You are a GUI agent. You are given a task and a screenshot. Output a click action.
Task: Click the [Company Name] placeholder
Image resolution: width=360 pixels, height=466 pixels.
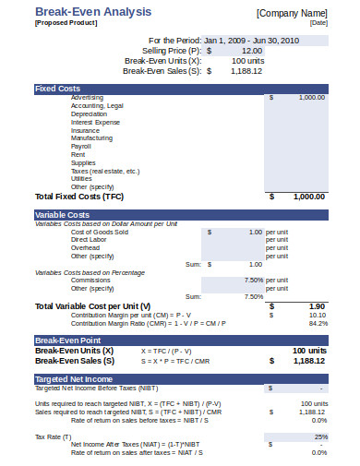tap(292, 14)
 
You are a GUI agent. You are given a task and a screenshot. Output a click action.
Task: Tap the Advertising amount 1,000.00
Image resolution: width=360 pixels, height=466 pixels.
tap(311, 97)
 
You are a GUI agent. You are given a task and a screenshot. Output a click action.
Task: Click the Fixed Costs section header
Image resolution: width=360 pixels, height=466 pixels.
tap(56, 89)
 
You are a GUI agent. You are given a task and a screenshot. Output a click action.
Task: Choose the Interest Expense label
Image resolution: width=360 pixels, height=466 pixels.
tap(95, 122)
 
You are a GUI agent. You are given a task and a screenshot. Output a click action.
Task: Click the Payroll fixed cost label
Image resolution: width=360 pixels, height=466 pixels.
tap(81, 146)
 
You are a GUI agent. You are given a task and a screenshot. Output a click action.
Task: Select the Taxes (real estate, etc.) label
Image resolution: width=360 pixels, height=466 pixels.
tap(105, 171)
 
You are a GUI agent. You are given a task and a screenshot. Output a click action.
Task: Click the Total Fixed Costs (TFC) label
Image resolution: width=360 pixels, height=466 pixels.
tap(78, 197)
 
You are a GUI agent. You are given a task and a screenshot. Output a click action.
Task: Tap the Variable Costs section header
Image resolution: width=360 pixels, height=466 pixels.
tap(62, 215)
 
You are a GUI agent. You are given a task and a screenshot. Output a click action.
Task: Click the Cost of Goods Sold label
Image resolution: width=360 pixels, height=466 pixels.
tap(100, 232)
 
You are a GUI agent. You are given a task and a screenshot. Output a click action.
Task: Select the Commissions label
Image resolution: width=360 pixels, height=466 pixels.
tap(90, 280)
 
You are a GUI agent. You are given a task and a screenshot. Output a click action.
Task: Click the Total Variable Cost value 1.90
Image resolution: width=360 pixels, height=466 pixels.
tap(316, 305)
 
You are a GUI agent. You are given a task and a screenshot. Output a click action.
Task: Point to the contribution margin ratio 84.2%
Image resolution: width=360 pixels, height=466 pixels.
tap(318, 323)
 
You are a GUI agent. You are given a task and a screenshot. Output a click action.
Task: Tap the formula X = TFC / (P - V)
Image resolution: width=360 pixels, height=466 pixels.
tap(167, 352)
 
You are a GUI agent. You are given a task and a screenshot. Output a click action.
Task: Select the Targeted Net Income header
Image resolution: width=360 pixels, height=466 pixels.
tap(74, 379)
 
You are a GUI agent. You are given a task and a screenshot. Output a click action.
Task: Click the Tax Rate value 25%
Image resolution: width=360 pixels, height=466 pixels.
tap(320, 436)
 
